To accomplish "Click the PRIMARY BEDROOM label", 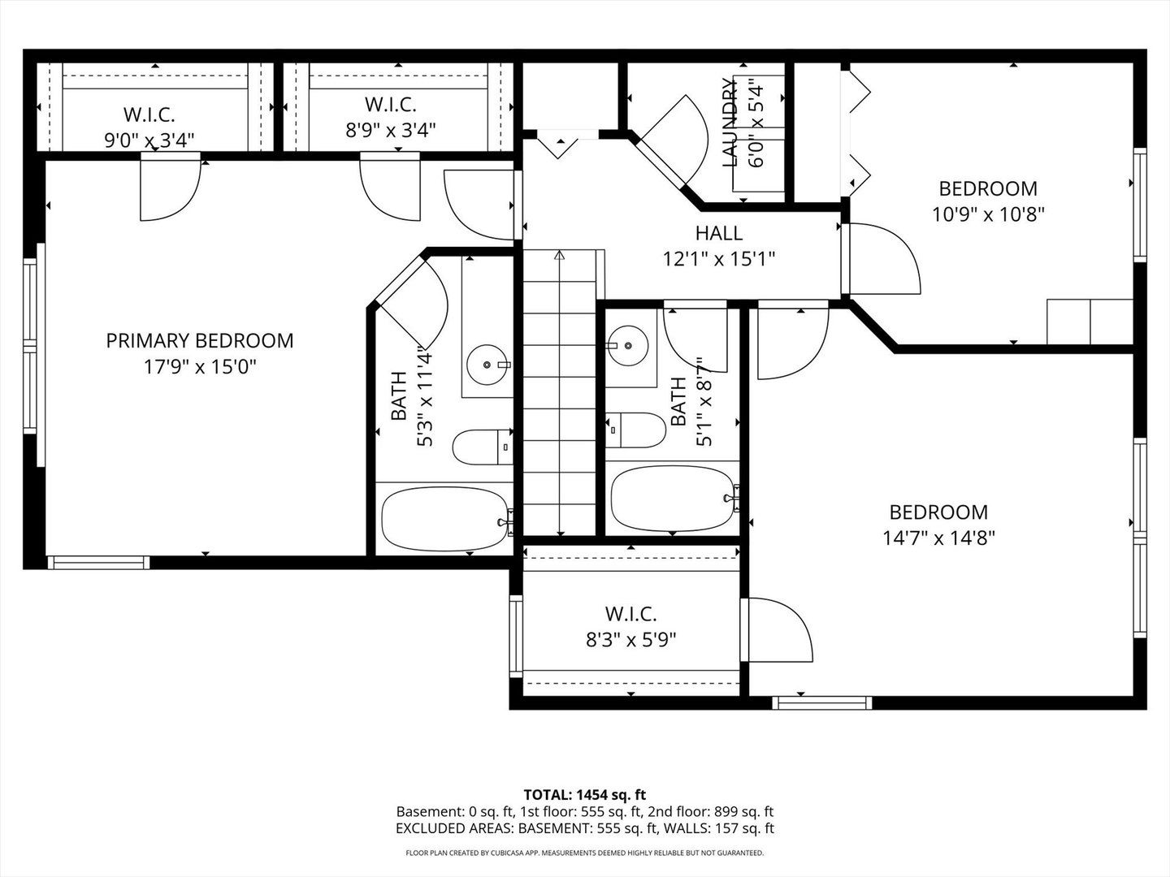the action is [200, 341].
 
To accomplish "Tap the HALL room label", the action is [718, 233].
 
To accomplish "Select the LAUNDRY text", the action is [730, 122].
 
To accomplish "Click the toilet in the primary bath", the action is [482, 447].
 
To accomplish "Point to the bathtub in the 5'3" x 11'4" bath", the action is [445, 519].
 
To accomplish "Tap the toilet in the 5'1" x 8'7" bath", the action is [635, 430].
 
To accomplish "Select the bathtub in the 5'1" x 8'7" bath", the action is [673, 499].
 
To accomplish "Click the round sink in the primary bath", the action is [487, 365].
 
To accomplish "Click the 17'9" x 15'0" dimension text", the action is [200, 367].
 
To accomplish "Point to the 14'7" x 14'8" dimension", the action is [938, 538].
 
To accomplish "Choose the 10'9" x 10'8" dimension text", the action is [988, 214].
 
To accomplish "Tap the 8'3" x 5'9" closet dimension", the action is [631, 640].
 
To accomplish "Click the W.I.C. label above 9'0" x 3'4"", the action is [149, 114].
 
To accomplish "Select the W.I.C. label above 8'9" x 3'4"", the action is [391, 105].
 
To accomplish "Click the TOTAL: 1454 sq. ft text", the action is [585, 795].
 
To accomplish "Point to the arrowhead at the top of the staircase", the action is [559, 255].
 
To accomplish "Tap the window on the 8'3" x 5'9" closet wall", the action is [516, 636].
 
